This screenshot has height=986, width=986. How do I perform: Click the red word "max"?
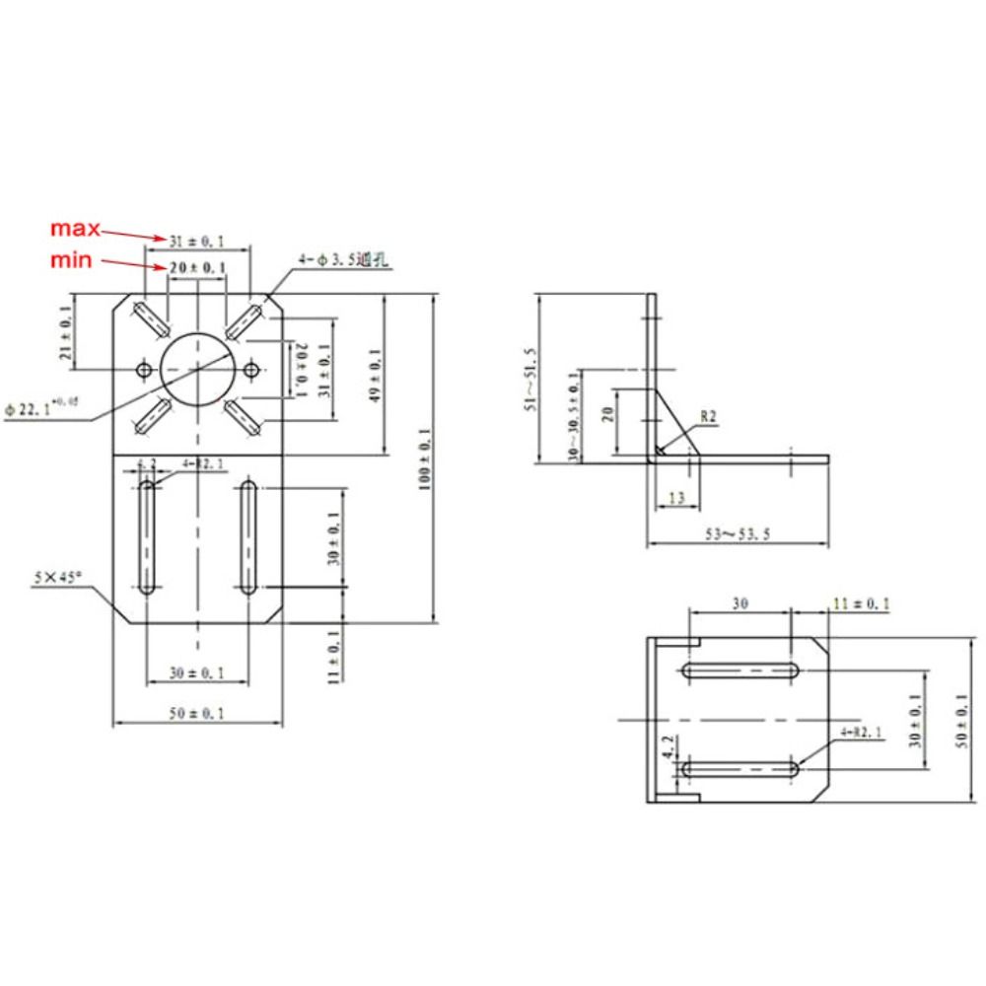[x=76, y=229]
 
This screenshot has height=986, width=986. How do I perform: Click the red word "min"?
[x=74, y=260]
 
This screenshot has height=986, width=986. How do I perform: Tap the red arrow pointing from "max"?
[x=133, y=234]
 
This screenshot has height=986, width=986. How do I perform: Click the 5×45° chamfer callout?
[x=57, y=579]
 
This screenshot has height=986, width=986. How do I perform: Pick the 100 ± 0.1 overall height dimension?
[x=424, y=459]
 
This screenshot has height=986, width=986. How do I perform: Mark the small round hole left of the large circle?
[x=144, y=370]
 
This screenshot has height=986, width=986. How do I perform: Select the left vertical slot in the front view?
[x=147, y=536]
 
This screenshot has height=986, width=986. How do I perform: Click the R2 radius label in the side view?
[x=708, y=417]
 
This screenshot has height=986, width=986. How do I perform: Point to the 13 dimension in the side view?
[x=675, y=499]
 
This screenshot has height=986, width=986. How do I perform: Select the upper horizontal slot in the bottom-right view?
[x=739, y=670]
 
